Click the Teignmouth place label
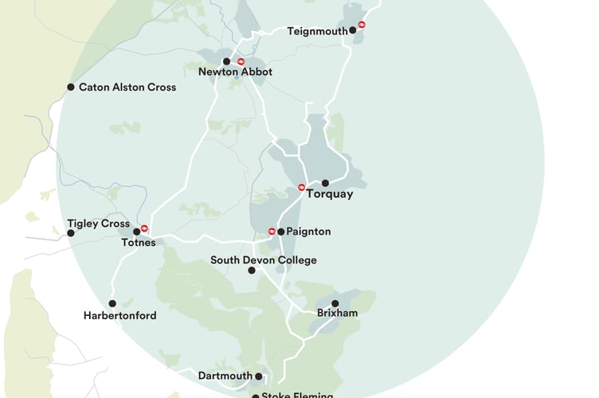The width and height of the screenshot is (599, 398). (x=318, y=31)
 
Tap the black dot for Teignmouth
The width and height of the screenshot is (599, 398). (x=352, y=31)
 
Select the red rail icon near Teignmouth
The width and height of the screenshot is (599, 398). (x=362, y=25)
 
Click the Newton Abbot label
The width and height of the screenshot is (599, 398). (x=235, y=72)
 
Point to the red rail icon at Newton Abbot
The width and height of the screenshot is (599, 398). (x=241, y=61)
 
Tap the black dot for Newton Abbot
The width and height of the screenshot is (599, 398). (x=226, y=61)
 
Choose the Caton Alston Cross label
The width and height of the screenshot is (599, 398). (x=127, y=87)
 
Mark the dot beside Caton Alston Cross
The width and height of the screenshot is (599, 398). (x=71, y=87)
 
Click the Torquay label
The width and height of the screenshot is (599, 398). (x=329, y=193)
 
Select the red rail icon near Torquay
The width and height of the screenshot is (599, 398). (x=302, y=188)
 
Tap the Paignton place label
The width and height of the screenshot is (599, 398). (x=308, y=232)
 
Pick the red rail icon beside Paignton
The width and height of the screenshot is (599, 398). (x=272, y=232)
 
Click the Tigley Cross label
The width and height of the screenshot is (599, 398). (x=98, y=224)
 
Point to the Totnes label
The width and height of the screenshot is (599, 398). (x=139, y=243)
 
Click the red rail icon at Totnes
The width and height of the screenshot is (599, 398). (x=144, y=228)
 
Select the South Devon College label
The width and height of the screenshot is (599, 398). (x=263, y=260)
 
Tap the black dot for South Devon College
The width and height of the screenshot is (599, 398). (x=252, y=271)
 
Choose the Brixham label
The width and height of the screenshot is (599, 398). (x=337, y=314)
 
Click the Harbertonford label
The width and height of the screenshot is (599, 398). (x=119, y=315)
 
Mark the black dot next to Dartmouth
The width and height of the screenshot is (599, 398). (x=259, y=376)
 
